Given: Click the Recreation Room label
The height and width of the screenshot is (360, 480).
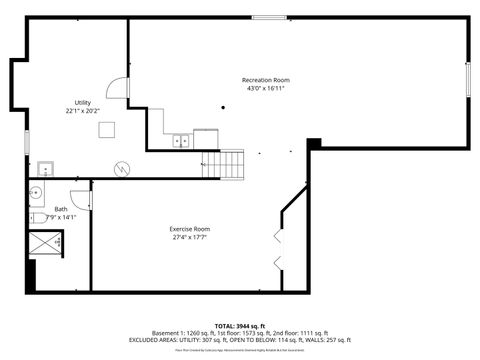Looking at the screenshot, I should [x=266, y=80].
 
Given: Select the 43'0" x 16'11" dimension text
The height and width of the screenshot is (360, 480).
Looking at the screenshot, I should [x=266, y=88].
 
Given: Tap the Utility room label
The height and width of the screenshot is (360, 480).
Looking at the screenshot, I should [x=83, y=103].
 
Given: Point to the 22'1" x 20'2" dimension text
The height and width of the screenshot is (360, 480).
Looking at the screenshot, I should [x=83, y=111].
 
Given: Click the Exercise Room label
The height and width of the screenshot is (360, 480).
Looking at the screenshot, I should [x=189, y=229].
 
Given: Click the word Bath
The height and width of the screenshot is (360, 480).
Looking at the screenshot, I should [x=47, y=209].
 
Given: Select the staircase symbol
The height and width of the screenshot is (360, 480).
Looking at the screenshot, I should [x=223, y=163].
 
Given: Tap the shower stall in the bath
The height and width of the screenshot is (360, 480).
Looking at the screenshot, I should [x=46, y=242].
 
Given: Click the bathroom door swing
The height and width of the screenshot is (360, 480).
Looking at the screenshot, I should [x=80, y=198].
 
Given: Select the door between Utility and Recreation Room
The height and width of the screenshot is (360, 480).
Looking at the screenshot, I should [x=118, y=90].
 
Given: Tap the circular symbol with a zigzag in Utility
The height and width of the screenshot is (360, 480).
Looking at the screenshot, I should [x=122, y=168].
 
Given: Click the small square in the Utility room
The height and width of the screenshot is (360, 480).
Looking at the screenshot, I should [x=115, y=128].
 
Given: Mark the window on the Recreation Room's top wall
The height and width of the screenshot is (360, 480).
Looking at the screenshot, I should [x=267, y=18].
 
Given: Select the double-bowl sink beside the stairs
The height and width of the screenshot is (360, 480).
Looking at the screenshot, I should [x=181, y=141].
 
